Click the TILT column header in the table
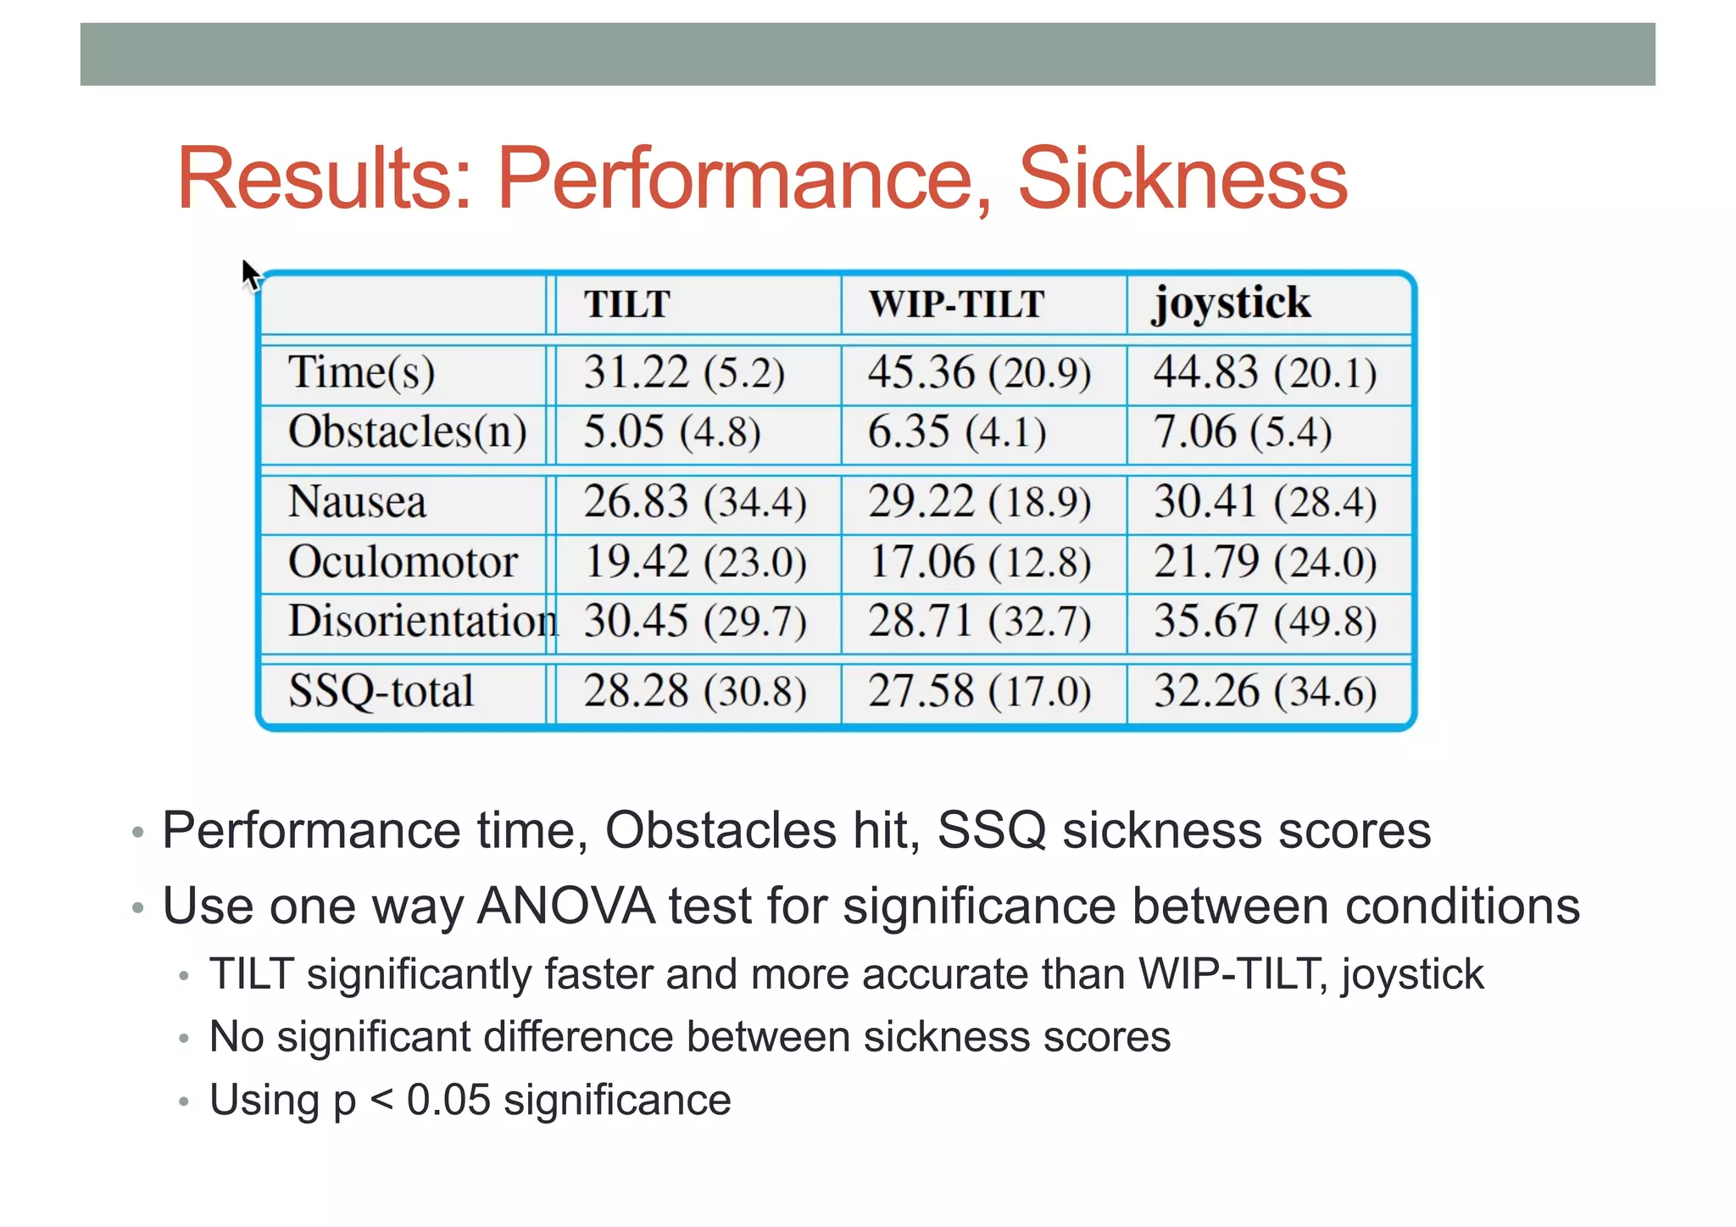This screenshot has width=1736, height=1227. pos(626,304)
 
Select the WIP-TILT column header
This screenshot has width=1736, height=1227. pos(955,304)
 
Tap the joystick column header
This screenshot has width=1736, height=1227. pos(1231,304)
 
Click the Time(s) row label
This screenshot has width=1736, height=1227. pos(361,373)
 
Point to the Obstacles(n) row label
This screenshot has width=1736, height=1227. pos(407,432)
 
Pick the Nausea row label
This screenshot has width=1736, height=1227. pos(357,502)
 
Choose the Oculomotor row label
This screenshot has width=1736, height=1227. pos(403,562)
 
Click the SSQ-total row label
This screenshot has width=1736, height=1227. pos(381,691)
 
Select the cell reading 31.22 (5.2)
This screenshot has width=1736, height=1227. pos(683,373)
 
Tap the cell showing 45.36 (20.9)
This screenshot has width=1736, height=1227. pos(979,373)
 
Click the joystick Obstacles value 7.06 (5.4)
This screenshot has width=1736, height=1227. pos(1242,432)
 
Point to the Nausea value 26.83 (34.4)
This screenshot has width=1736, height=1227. pos(694,502)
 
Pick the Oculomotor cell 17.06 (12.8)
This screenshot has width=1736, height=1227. pos(980,562)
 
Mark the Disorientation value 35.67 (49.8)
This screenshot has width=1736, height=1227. pos(1265,622)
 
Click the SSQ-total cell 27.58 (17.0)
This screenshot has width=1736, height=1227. pos(979,691)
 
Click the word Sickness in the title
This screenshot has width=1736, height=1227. pos(1182,179)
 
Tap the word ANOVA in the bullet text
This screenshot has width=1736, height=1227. pos(565,906)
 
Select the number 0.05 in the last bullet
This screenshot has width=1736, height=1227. pos(448,1100)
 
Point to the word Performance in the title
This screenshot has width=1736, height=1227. pos(744,179)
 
